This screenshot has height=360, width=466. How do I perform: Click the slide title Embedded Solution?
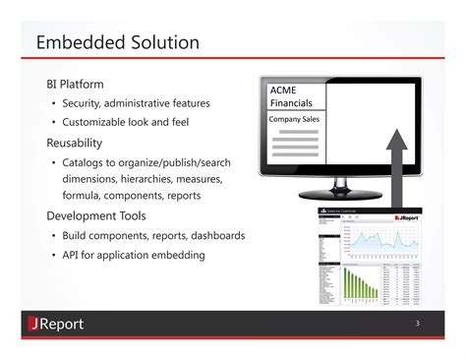[x=117, y=43]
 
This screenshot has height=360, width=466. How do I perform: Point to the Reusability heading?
[x=81, y=143]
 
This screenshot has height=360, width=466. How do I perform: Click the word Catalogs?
[x=89, y=162]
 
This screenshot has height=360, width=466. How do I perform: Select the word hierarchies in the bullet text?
[x=154, y=179]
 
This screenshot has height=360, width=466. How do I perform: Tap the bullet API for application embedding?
[x=134, y=256]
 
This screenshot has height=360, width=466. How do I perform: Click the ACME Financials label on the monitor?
[x=292, y=96]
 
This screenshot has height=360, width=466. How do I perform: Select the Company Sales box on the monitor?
[x=294, y=120]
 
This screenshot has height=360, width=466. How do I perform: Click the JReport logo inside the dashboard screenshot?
[x=408, y=217]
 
